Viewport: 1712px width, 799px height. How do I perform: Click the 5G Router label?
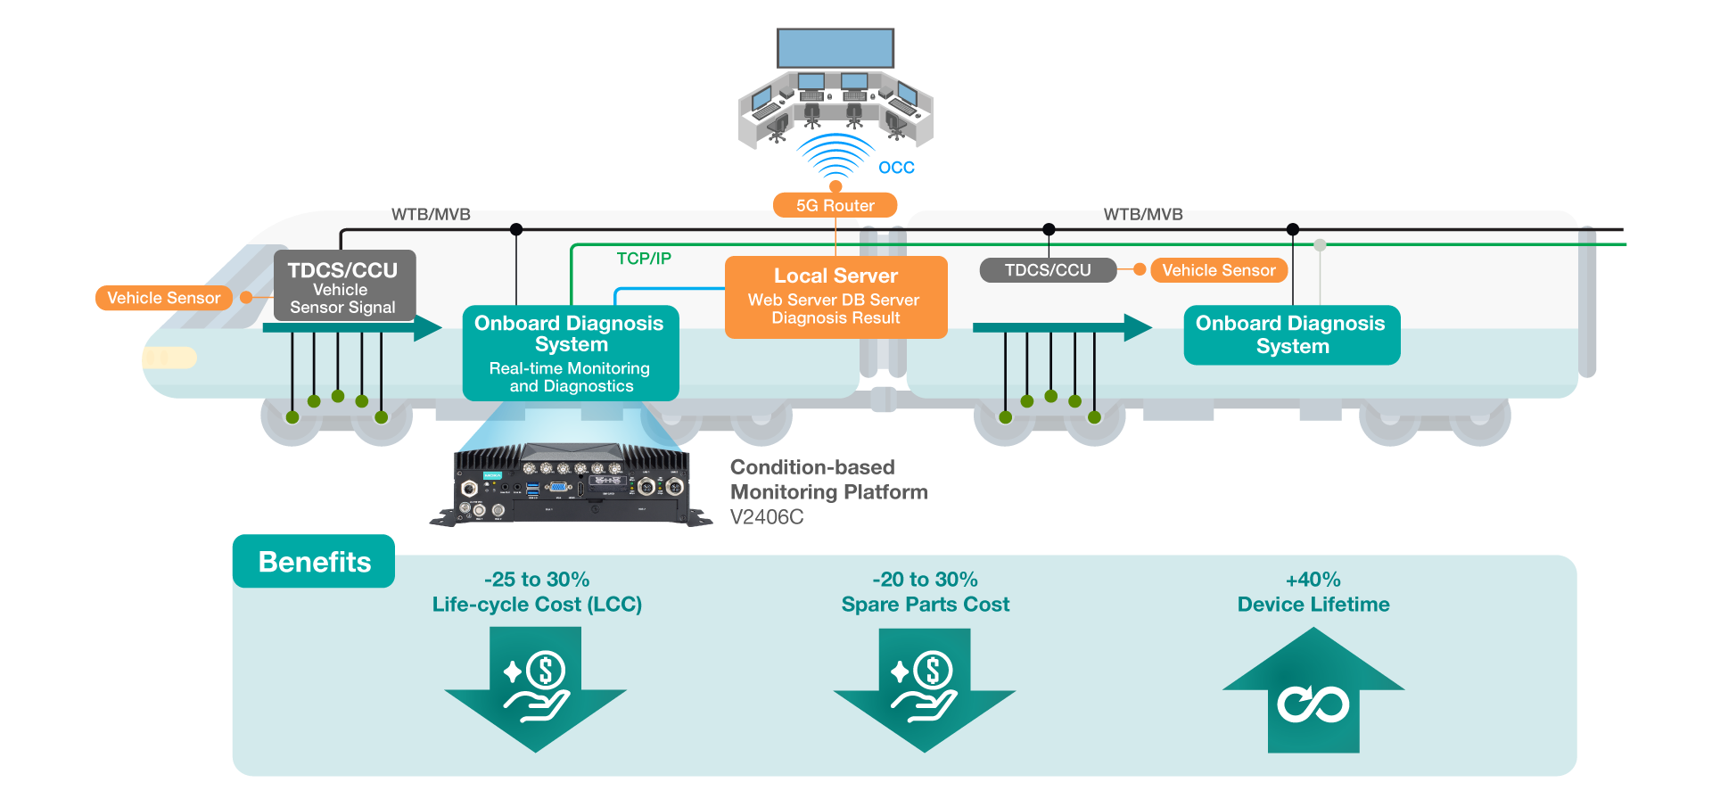click(x=835, y=205)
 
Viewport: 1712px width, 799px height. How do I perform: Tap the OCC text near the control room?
click(x=896, y=168)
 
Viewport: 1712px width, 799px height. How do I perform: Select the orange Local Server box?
click(x=835, y=297)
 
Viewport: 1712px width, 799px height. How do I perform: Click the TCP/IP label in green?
click(x=644, y=259)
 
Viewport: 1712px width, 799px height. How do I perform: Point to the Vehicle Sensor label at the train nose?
click(x=163, y=298)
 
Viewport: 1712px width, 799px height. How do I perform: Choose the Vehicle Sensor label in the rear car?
click(x=1218, y=270)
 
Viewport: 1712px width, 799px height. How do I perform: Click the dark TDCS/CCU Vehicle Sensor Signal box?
click(x=343, y=286)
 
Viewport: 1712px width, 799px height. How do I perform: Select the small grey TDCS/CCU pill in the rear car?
click(x=1048, y=270)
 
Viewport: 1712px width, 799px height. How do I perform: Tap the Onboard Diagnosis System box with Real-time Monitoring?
click(x=570, y=353)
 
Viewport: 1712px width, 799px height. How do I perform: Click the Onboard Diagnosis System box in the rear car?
click(x=1291, y=335)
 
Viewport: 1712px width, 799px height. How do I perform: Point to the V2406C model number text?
click(x=767, y=517)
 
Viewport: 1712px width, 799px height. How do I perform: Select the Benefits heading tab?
click(x=314, y=562)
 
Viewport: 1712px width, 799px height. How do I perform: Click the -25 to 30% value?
click(x=537, y=580)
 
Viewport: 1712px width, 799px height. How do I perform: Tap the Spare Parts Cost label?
click(x=926, y=605)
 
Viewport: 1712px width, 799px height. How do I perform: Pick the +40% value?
click(x=1313, y=580)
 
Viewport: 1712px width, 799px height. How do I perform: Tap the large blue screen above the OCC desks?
click(x=835, y=48)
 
